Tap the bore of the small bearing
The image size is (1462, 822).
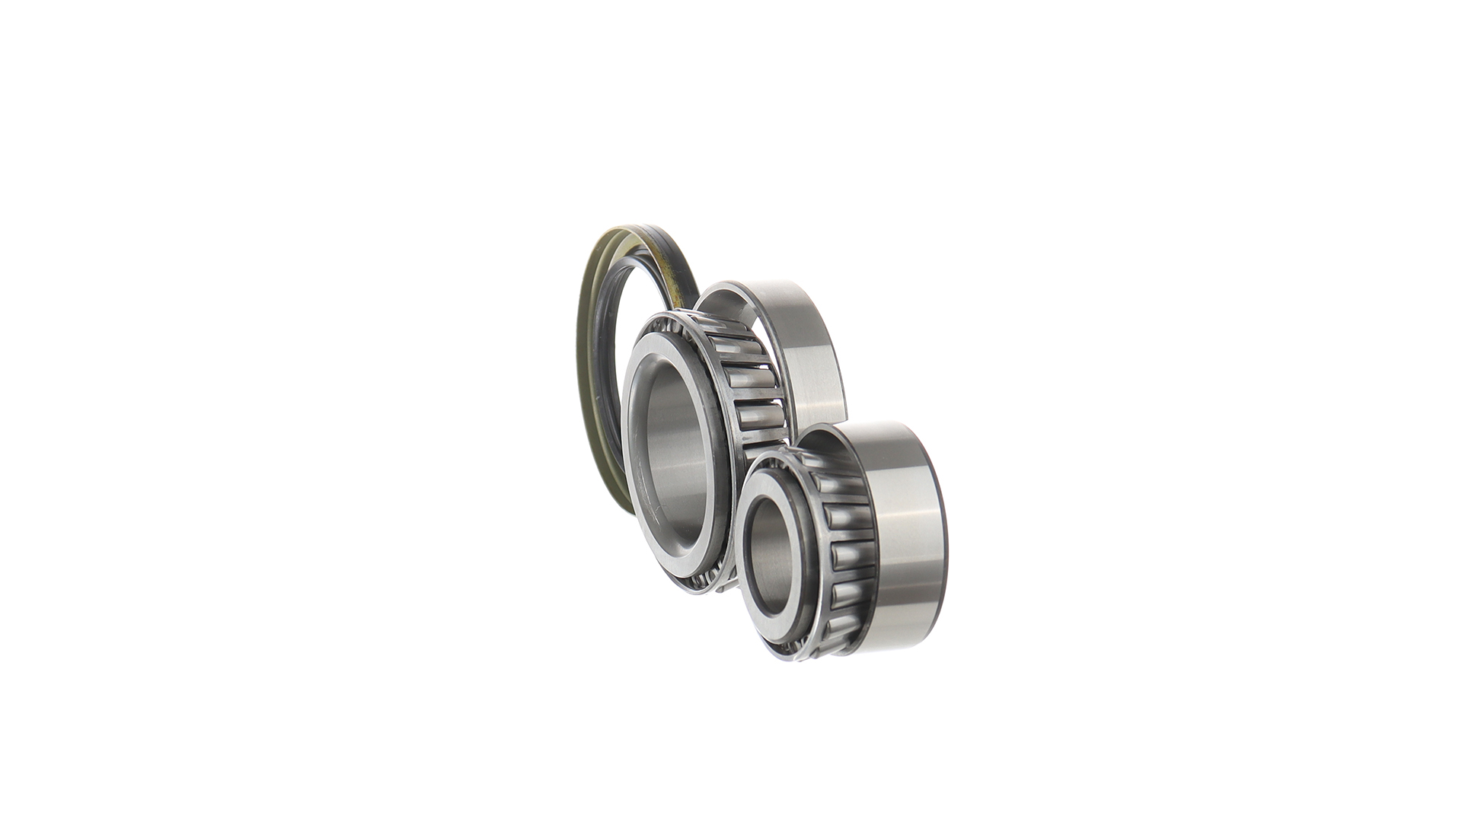(769, 548)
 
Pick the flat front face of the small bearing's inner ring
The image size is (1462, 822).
(749, 502)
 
